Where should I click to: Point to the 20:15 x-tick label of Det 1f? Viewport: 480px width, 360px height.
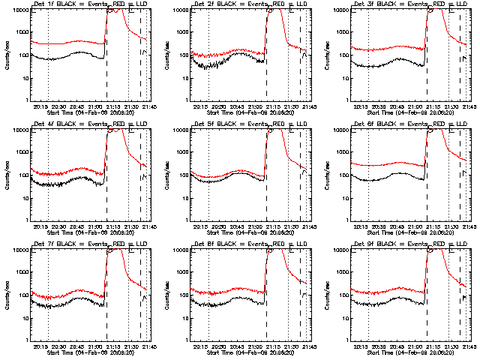[42, 106]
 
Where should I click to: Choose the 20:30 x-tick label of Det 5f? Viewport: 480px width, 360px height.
[219, 226]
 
